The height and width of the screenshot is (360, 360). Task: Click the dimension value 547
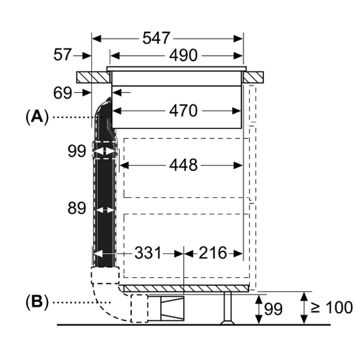[x=155, y=38]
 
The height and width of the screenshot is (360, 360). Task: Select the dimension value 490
[x=183, y=56]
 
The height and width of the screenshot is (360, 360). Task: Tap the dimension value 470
[x=183, y=110]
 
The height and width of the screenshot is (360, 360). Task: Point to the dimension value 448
[x=183, y=165]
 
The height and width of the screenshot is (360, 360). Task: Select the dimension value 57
[x=63, y=55]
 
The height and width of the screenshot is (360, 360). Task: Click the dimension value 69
[x=63, y=93]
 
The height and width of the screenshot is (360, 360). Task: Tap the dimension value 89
[x=76, y=209]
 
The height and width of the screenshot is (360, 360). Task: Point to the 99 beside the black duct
[x=76, y=151]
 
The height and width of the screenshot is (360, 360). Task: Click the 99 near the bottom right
[x=273, y=309]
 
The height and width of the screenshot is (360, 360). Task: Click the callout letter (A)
[x=37, y=116]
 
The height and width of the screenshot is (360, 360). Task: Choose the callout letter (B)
[x=37, y=301]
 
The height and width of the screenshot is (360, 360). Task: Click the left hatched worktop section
[x=91, y=77]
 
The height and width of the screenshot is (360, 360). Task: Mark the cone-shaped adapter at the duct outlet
[x=173, y=308]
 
